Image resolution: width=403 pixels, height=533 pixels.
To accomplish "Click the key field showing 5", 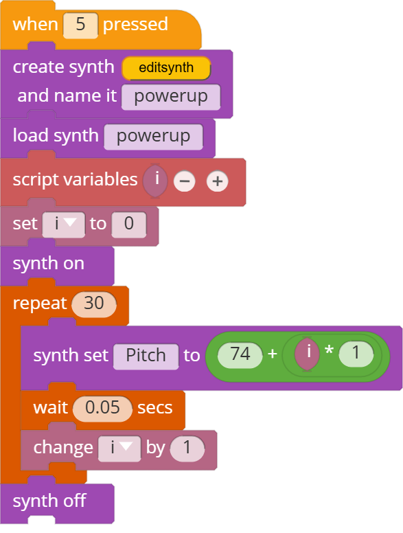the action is point(80,25).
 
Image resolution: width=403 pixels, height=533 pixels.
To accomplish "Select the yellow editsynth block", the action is point(166,68).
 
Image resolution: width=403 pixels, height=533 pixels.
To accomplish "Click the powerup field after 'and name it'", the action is point(171,98).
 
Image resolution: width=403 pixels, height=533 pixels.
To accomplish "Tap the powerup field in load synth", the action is point(153,137).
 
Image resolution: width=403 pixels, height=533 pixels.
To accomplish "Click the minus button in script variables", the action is point(185,181).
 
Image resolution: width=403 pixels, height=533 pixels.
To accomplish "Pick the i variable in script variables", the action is point(156,181).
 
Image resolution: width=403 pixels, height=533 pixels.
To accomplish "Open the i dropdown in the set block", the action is point(64,225).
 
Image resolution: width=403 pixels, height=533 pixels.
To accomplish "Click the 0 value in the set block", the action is point(129,225).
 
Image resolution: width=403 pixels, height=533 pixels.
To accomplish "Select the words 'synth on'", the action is point(49,264).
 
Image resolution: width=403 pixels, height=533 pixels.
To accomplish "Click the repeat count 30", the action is point(94,304).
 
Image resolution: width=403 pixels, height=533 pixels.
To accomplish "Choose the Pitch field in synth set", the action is point(146,356).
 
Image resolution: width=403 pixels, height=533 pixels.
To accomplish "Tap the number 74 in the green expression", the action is point(240,355).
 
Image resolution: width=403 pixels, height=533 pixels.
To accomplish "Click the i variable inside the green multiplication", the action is point(307,354).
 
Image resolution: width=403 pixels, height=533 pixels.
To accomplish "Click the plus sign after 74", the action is point(273,354).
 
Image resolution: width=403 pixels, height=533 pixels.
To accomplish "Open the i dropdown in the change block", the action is point(119,449).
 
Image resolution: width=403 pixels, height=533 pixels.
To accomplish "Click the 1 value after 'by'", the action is point(187,449).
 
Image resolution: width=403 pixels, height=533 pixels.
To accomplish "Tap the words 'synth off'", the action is point(49,501).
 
